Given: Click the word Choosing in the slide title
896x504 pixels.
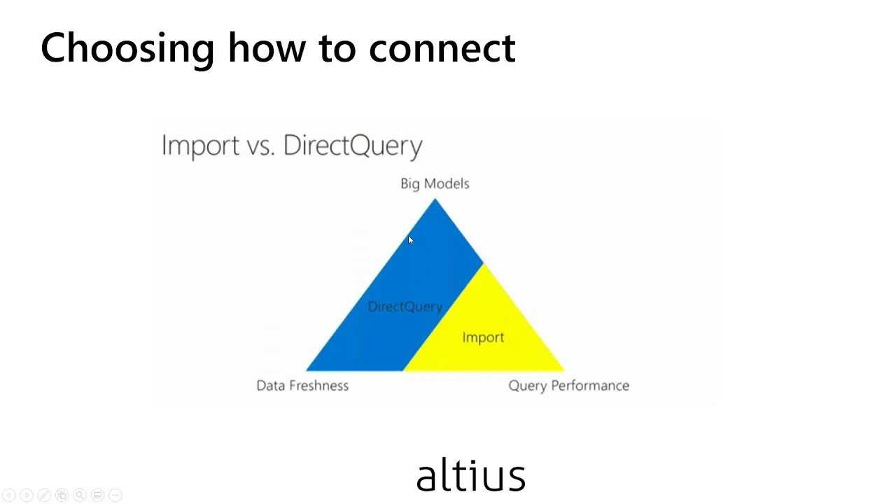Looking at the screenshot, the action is coord(127,49).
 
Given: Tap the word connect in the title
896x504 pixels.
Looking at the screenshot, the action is coord(442,49).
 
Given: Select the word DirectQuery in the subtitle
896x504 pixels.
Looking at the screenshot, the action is coord(353,146).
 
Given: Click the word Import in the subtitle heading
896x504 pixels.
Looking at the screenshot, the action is coord(200,146).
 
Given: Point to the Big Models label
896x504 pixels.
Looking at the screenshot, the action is coord(435,183).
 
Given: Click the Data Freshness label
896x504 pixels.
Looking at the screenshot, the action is coord(302,386).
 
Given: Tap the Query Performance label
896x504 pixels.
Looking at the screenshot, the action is coord(569,386).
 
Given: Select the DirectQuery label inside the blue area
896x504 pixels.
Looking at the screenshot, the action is coord(405,307).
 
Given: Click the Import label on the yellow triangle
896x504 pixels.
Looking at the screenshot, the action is coord(483,337).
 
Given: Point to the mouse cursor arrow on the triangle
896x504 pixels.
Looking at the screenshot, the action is coord(411,240).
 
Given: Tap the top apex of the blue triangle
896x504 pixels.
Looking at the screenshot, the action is coord(435,199).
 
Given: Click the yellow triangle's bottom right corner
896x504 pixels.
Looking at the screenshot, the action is coord(564,370).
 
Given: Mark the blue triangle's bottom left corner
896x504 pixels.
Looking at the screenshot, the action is coord(307,370).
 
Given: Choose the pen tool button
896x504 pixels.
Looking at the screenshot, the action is coord(44,495).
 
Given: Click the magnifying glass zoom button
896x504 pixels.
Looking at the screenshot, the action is coord(80,495).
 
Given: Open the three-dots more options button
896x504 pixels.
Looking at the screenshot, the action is coord(115,495).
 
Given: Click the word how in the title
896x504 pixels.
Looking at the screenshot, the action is coord(267,48).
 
